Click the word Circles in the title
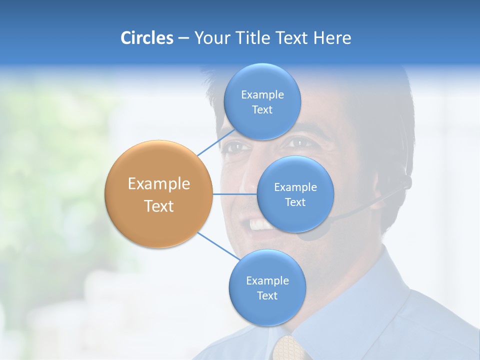pos(146,38)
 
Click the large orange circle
pos(158,194)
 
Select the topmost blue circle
pos(262,101)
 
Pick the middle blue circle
pos(295,194)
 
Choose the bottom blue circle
pos(267,287)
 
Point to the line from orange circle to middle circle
pos(235,194)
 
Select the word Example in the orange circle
pos(158,184)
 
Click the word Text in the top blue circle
pos(262,110)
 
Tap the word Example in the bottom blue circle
pos(267,280)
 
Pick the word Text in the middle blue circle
pos(295,202)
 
